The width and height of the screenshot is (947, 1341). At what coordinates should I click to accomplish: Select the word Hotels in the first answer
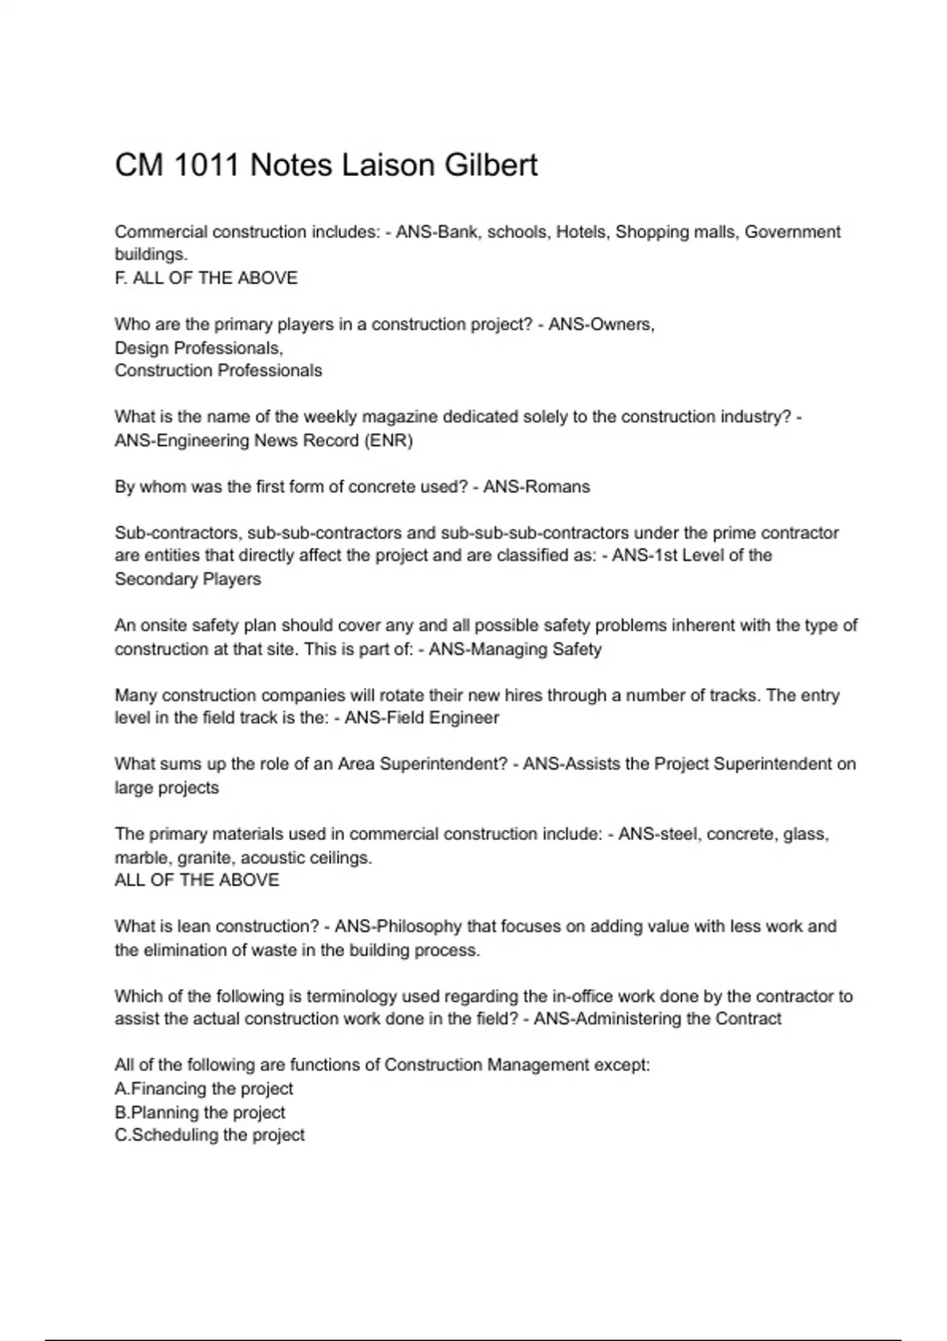582,232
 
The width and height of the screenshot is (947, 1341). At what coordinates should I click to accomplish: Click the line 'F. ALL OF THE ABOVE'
206,278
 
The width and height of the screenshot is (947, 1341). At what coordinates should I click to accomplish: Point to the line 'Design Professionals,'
199,348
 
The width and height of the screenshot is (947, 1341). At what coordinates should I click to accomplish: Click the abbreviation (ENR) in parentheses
388,440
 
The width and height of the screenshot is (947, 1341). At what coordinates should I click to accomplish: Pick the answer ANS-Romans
537,487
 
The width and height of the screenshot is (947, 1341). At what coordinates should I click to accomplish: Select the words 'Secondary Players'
188,579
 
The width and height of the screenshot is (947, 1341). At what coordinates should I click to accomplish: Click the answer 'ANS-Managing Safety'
515,649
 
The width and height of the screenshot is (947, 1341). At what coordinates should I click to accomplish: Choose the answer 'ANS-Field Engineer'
422,718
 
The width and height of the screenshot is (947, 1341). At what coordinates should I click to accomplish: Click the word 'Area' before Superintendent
357,764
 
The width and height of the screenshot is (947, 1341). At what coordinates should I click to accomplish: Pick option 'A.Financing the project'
204,1089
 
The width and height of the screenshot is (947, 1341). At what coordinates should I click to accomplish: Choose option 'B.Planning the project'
200,1112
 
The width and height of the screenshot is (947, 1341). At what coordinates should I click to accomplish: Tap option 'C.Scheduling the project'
209,1135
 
